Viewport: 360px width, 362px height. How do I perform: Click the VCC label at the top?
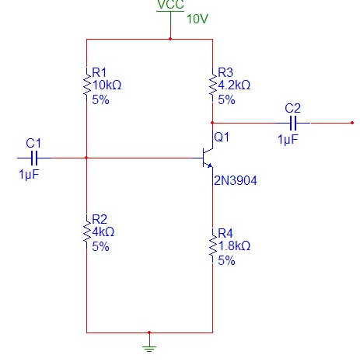(x=170, y=5)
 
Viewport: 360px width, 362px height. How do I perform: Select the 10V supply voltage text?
(x=197, y=19)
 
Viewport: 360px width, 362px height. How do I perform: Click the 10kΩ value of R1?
(x=108, y=85)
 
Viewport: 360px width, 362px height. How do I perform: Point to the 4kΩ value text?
(x=104, y=232)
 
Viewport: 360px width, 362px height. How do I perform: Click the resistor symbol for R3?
(x=212, y=86)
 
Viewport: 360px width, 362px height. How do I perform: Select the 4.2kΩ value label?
(x=236, y=86)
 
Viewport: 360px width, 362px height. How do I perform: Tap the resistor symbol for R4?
(x=212, y=245)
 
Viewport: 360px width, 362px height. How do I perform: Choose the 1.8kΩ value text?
(x=236, y=246)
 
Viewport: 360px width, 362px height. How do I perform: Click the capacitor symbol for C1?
(x=33, y=158)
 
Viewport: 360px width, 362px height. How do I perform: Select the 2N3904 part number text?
(x=236, y=181)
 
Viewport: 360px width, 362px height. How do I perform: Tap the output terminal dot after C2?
(x=353, y=123)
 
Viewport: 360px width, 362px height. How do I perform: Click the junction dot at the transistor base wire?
(x=86, y=158)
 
